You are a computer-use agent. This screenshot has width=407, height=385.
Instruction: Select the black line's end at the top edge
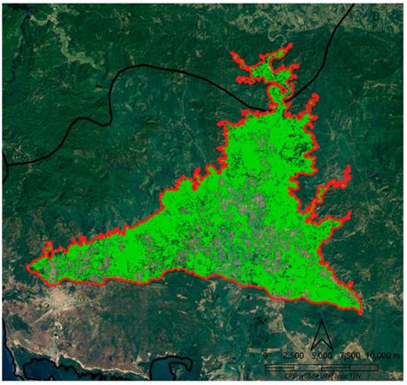coord(352,3)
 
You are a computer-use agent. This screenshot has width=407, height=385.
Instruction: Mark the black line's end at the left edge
coord(3,163)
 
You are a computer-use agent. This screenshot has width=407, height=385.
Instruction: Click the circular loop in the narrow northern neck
coord(276,89)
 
